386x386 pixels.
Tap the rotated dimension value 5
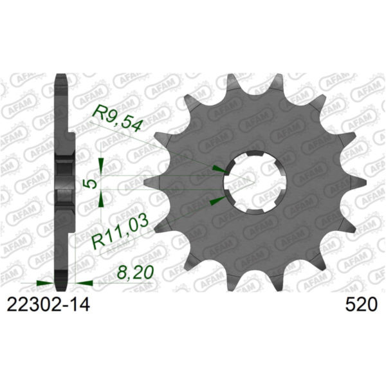(92, 183)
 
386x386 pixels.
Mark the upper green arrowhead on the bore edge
(220, 169)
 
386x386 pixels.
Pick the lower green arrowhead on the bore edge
(219, 201)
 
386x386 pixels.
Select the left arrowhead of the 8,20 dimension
(45, 282)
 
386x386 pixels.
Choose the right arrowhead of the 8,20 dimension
(83, 282)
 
